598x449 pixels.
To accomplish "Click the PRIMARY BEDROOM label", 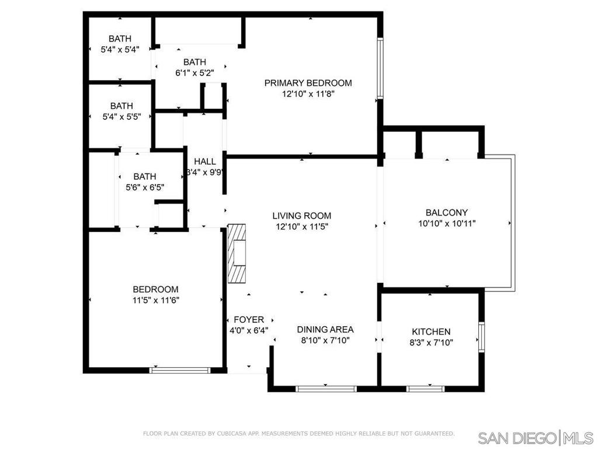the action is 308,83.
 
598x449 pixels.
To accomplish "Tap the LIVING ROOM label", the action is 302,216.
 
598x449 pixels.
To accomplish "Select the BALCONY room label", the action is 447,213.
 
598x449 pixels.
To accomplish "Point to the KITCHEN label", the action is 431,332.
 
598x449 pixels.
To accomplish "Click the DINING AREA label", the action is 325,330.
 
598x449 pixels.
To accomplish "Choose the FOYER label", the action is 249,320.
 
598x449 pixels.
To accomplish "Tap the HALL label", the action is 205,161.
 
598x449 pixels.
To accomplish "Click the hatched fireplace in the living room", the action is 237,253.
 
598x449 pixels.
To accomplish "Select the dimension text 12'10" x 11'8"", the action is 308,94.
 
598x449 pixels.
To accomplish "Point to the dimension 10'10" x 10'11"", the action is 447,223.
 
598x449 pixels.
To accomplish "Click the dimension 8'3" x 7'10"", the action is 431,343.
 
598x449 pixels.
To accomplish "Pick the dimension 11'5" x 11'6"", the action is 155,301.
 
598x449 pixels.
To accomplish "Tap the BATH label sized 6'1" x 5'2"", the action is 194,62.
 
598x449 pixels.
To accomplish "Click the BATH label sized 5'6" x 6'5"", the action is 145,177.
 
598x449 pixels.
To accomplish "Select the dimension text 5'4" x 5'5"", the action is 121,117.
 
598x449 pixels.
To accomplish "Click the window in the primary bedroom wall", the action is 380,68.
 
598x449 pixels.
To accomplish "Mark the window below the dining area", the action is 326,389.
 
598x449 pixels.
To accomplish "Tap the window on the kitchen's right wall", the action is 482,337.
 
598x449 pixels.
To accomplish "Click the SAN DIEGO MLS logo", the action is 536,437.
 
